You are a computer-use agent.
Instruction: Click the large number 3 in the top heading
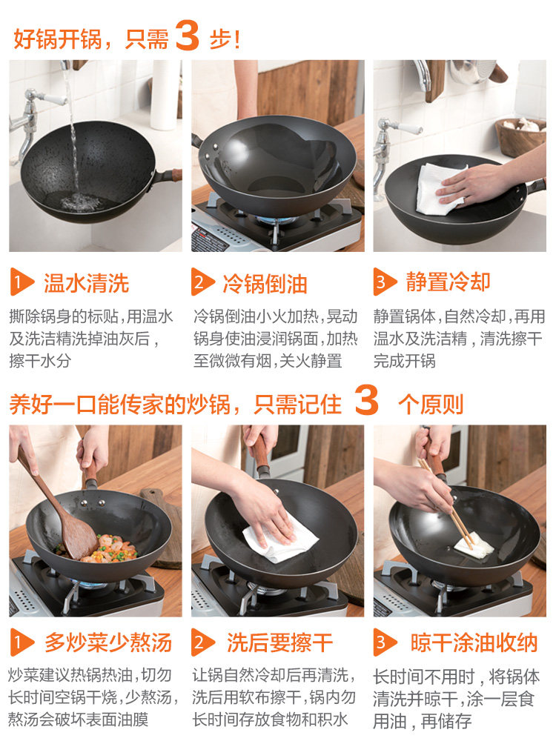[188, 35]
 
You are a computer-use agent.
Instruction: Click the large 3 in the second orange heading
[366, 400]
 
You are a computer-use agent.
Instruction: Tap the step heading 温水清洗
[86, 284]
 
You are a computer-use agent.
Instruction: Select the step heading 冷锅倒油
[265, 284]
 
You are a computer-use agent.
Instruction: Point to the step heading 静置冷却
[448, 282]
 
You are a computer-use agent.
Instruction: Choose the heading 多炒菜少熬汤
[107, 642]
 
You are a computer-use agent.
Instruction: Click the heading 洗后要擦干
[280, 642]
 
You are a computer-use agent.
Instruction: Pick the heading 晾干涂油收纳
[474, 642]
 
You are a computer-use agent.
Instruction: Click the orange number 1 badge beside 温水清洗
[21, 282]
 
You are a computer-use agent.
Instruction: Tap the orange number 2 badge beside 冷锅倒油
[202, 282]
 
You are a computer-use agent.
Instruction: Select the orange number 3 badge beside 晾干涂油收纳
[384, 642]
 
